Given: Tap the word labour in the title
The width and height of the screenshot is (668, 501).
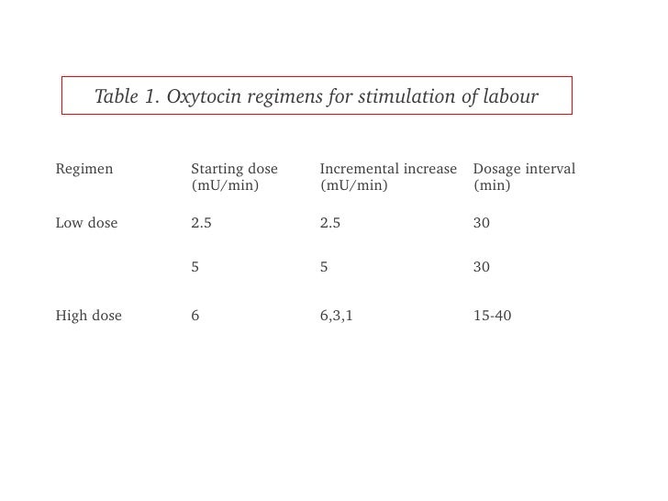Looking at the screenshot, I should [507, 96].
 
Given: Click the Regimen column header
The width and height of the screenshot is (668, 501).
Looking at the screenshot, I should [84, 169].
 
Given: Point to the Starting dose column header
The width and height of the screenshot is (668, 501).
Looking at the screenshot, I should [234, 169].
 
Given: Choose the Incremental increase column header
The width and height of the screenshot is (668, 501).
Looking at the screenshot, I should [388, 169].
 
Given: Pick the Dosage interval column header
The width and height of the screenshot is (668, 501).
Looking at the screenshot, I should [524, 169].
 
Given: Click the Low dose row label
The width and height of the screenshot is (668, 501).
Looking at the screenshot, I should [86, 222].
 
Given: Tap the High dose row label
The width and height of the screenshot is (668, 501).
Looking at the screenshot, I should [88, 316].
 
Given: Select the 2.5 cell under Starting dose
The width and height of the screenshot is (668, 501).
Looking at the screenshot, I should [201, 222].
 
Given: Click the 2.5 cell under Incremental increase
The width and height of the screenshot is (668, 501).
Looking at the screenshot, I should [330, 222].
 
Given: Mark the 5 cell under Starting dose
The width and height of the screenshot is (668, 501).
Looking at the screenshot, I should [195, 267].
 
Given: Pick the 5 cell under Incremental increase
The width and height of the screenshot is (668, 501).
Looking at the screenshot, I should [324, 267].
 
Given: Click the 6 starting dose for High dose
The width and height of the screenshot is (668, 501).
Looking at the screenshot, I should [195, 316].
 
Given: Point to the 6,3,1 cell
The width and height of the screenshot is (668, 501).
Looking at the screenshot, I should [336, 316].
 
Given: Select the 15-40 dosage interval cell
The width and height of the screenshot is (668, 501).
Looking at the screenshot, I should [493, 316].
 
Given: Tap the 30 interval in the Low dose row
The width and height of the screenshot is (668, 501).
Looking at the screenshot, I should [482, 222].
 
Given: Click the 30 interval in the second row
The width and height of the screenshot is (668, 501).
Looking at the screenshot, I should [482, 267].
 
